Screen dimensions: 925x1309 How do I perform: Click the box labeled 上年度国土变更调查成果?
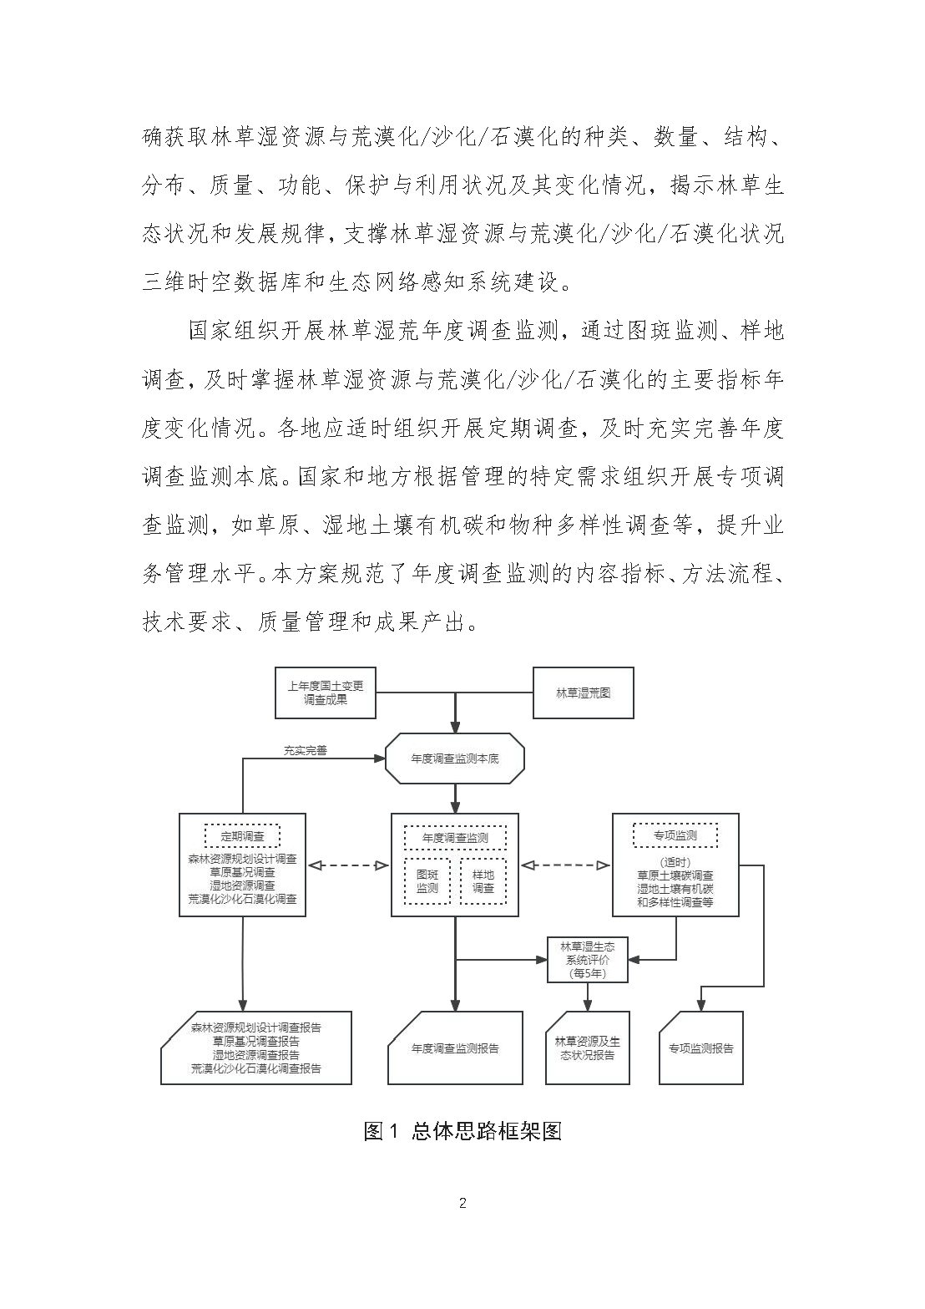point(326,693)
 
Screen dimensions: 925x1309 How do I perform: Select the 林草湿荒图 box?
point(584,693)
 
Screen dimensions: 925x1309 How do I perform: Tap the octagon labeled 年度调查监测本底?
point(455,759)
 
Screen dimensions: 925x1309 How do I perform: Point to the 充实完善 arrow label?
point(306,750)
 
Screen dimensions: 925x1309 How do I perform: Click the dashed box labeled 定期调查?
point(242,835)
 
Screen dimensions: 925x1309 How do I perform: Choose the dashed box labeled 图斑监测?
point(427,881)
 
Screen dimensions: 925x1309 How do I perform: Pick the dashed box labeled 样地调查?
point(483,881)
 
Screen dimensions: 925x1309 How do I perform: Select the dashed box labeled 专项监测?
point(675,835)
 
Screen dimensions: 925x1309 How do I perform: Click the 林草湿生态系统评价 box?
point(588,960)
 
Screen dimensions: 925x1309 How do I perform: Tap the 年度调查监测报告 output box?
point(456,1048)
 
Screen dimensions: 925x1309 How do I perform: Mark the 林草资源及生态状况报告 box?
point(588,1048)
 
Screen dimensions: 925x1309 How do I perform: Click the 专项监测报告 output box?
point(701,1048)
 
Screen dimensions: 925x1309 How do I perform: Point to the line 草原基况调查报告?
point(256,1042)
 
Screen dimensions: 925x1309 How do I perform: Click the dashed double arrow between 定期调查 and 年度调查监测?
point(348,865)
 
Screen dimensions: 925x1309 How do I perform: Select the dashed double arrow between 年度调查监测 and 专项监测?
point(565,865)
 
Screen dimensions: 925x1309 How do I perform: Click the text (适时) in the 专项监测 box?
point(675,863)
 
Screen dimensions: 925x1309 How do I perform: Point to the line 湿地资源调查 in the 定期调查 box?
point(242,885)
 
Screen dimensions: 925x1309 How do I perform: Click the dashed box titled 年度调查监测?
point(456,837)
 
